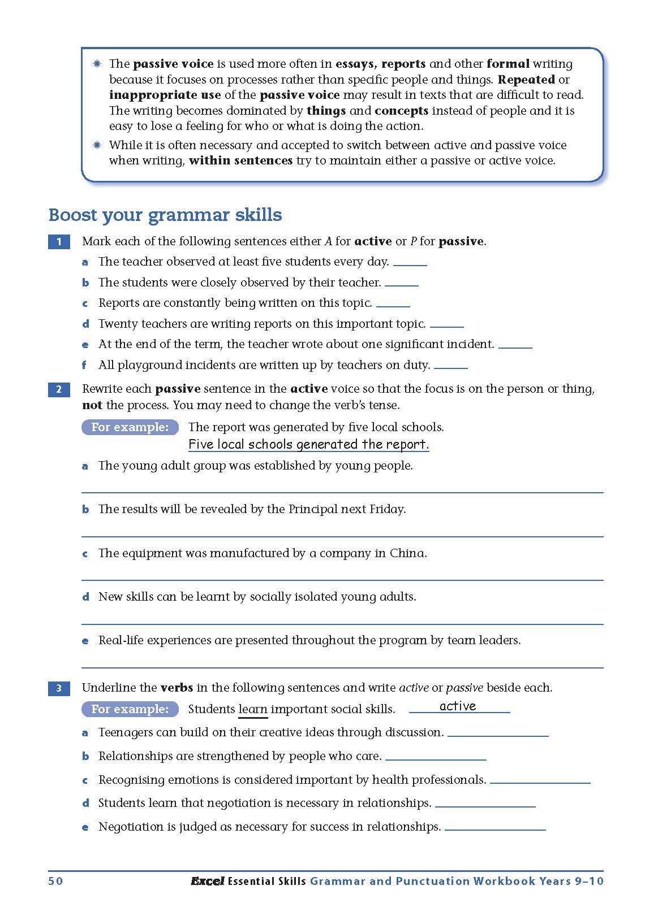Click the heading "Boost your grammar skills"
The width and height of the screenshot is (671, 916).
click(x=165, y=215)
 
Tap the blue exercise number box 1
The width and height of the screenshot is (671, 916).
click(x=59, y=242)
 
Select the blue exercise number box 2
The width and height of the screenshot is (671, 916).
click(x=59, y=389)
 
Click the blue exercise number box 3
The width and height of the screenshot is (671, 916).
click(x=59, y=688)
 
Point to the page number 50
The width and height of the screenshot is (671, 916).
click(x=55, y=881)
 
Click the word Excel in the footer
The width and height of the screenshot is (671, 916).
click(x=207, y=881)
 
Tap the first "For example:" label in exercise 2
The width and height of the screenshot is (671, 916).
click(x=130, y=427)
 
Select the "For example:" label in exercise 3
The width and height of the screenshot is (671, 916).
click(x=130, y=709)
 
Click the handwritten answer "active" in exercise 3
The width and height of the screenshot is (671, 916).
click(x=458, y=706)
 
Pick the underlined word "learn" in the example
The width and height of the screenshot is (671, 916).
click(x=253, y=709)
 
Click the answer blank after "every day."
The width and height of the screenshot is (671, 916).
click(x=410, y=263)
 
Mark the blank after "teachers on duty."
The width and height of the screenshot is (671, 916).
click(x=450, y=366)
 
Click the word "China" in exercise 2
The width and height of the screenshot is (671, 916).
click(x=407, y=553)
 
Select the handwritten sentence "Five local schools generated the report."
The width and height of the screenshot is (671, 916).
click(x=308, y=445)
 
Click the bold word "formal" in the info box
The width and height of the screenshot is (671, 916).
click(x=507, y=64)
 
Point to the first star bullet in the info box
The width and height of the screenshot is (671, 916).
click(x=97, y=64)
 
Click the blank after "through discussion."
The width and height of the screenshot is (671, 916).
click(x=498, y=734)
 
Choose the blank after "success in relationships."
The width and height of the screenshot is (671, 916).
click(x=495, y=828)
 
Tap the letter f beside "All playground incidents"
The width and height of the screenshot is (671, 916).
click(x=84, y=365)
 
